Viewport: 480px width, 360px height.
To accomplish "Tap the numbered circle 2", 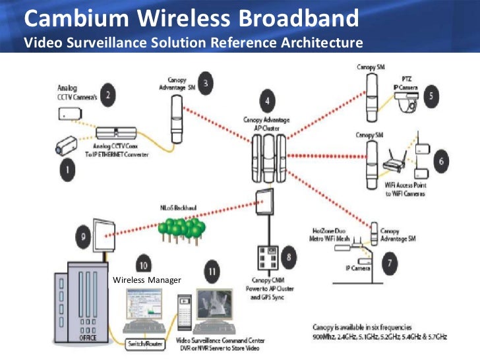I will coord(108,95).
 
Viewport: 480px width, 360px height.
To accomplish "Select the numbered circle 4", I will coord(266,102).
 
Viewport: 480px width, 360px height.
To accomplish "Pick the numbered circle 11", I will coord(211,271).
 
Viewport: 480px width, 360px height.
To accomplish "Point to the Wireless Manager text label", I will coord(146,280).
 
